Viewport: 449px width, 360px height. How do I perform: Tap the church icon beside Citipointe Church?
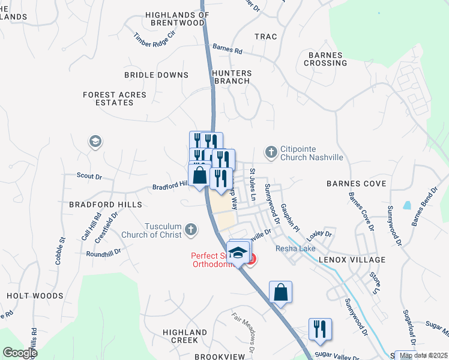click(x=271, y=152)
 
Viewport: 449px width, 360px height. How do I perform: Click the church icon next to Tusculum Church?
click(x=190, y=229)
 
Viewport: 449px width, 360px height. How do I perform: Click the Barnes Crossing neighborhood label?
click(x=327, y=59)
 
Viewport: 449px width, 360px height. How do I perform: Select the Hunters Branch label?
click(x=232, y=77)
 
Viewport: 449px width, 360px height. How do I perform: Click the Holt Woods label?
click(x=35, y=296)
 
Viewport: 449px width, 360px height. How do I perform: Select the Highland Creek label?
click(x=185, y=336)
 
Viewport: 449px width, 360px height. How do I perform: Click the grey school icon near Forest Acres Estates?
click(x=95, y=142)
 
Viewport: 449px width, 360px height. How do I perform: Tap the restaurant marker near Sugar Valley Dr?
click(x=320, y=328)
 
